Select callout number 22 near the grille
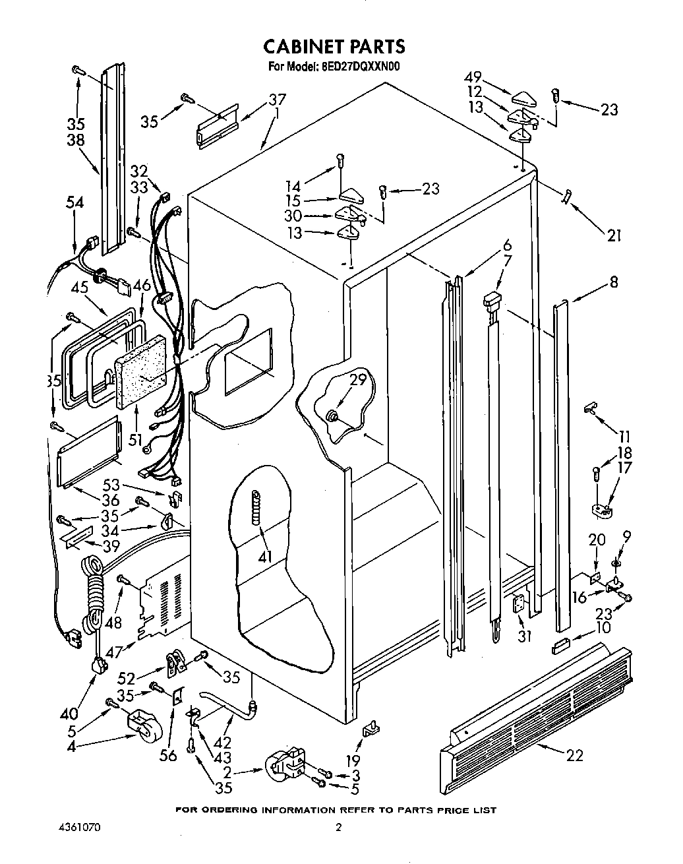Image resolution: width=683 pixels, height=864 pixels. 574,756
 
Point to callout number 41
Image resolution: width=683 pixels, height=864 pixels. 264,557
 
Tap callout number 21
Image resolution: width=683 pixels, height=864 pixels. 614,234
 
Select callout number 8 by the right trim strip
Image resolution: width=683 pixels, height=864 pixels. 614,282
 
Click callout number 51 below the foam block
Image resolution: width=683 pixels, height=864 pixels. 136,439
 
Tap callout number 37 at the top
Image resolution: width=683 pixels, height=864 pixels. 277,101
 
